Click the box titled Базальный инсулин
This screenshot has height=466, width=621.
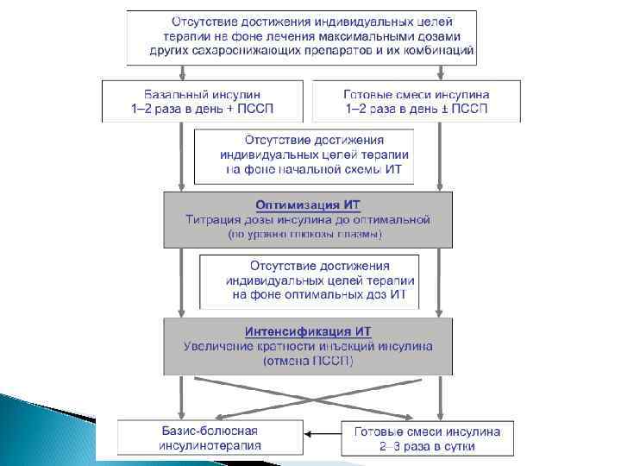(x=204, y=101)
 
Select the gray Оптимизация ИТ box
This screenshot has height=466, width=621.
(x=308, y=218)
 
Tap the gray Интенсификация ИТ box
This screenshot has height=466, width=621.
(x=308, y=346)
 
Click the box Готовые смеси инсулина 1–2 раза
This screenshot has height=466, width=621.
(x=417, y=101)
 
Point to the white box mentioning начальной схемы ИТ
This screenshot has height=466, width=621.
(x=303, y=155)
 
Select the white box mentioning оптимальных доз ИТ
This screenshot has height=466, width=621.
(x=309, y=281)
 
